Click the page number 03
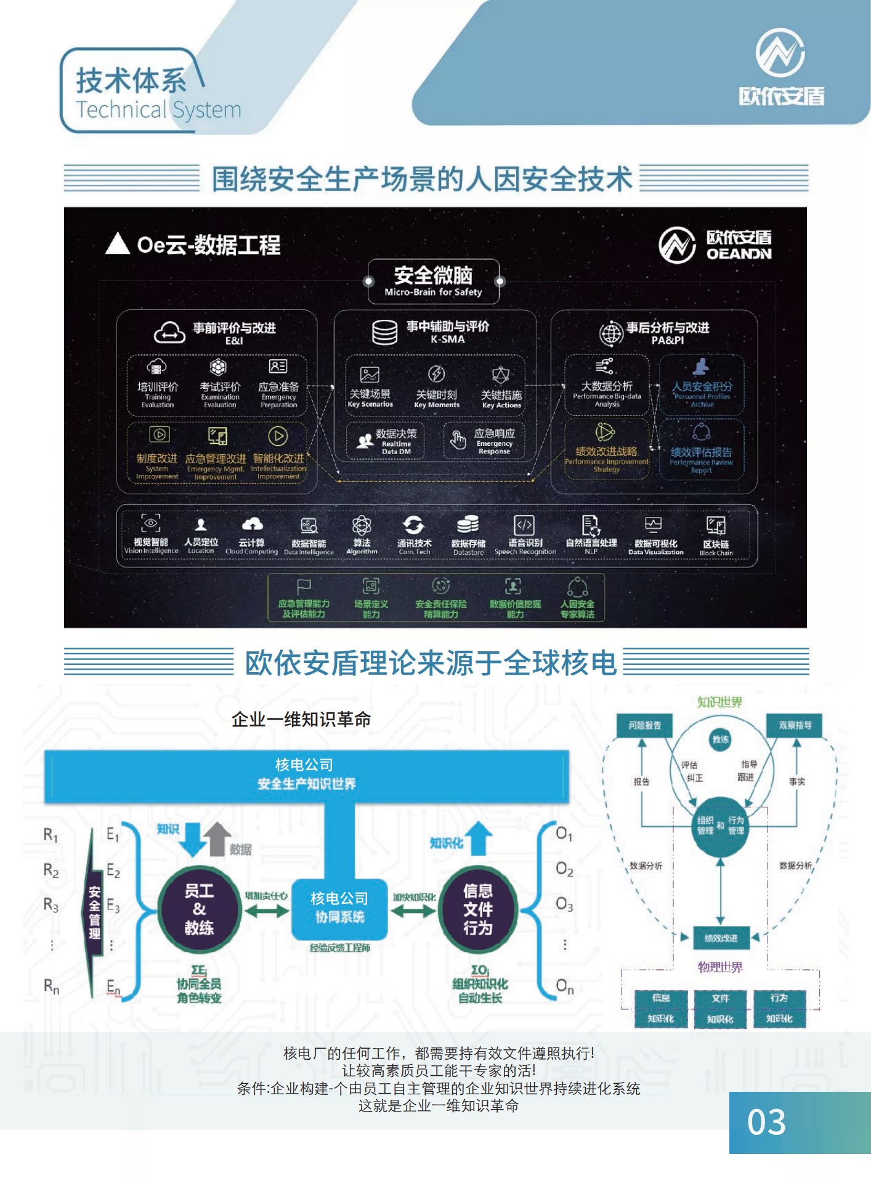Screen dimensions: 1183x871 [766, 1122]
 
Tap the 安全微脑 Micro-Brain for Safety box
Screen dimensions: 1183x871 [434, 282]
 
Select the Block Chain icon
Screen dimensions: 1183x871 [716, 526]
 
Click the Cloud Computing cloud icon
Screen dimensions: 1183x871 [252, 524]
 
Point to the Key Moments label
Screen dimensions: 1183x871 [437, 405]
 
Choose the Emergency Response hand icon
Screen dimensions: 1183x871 [458, 440]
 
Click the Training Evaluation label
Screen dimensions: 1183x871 [158, 400]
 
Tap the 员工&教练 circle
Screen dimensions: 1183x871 [199, 909]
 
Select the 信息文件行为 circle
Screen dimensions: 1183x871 [478, 909]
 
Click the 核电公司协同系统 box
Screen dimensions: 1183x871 [339, 908]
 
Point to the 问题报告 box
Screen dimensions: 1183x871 [644, 725]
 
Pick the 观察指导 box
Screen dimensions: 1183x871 [795, 725]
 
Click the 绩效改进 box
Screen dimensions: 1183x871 [721, 938]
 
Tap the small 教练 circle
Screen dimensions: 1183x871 [721, 739]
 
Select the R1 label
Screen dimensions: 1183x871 [51, 835]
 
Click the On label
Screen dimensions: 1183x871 [564, 986]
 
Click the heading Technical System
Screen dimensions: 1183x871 [158, 110]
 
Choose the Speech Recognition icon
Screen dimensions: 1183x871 [524, 525]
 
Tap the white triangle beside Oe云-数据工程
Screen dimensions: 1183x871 [117, 244]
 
